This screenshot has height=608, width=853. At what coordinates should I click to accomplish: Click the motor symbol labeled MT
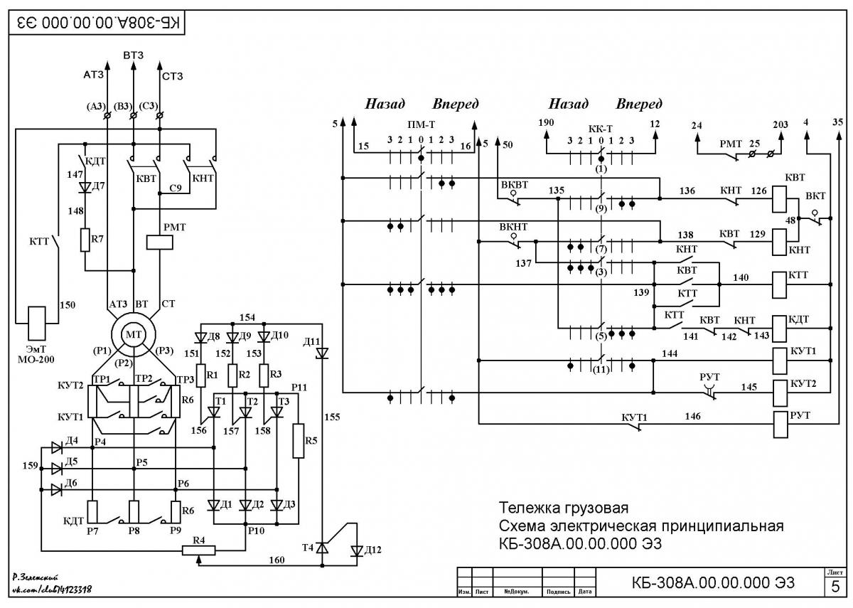(134, 335)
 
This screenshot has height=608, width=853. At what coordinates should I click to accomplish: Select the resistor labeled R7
(85, 240)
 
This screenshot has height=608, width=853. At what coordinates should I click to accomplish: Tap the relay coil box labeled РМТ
(159, 242)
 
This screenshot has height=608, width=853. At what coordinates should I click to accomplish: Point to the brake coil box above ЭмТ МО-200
(37, 324)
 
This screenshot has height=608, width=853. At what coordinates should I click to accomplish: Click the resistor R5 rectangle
(298, 441)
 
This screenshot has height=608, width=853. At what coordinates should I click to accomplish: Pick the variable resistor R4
(198, 550)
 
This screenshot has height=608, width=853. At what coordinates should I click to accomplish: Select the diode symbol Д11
(322, 353)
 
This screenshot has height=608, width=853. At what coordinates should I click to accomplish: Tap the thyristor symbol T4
(322, 548)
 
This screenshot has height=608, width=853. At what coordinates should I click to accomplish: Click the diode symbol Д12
(357, 551)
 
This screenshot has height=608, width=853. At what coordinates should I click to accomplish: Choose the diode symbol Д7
(85, 187)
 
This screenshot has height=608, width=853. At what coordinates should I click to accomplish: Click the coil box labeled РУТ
(780, 425)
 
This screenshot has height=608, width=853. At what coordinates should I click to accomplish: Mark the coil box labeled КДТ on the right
(780, 329)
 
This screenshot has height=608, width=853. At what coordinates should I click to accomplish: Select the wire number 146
(692, 416)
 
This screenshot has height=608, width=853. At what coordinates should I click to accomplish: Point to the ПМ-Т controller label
(421, 124)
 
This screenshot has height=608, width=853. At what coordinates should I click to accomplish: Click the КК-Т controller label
(600, 129)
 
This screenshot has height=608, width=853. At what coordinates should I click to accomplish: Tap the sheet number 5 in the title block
(835, 586)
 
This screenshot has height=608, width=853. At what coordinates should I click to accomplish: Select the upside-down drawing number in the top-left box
(98, 23)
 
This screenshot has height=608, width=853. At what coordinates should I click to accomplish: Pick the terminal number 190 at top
(546, 122)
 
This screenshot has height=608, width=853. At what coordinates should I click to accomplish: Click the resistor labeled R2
(232, 375)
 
